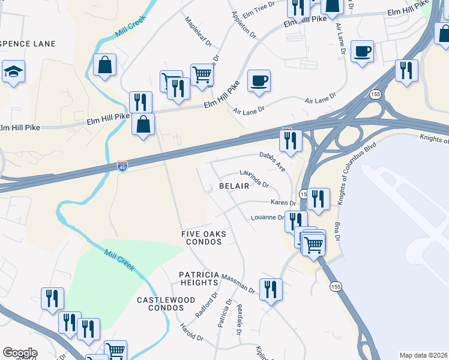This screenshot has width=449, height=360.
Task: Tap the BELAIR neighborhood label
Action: pyautogui.click(x=234, y=187)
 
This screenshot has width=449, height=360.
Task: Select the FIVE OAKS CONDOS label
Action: pyautogui.click(x=202, y=238)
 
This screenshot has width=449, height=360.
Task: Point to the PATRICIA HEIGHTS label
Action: pyautogui.click(x=198, y=278)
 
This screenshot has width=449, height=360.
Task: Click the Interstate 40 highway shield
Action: pyautogui.click(x=122, y=165)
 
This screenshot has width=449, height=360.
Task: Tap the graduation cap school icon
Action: pyautogui.click(x=13, y=72)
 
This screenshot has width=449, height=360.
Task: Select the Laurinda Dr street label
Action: pyautogui.click(x=254, y=178)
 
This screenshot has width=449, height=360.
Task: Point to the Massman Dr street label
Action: pyautogui.click(x=238, y=283)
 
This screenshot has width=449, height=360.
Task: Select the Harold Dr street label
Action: pyautogui.click(x=191, y=332)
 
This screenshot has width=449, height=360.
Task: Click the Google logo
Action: pyautogui.click(x=20, y=353)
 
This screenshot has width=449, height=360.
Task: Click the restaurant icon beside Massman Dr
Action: pyautogui.click(x=270, y=290)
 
